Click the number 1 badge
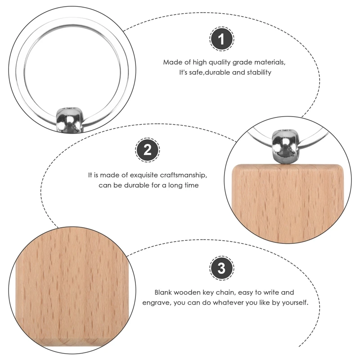(x=220, y=40)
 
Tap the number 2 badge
(x=147, y=150)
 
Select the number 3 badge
(x=221, y=269)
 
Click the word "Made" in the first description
(x=172, y=62)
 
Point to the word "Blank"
(x=164, y=292)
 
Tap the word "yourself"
(x=294, y=303)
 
